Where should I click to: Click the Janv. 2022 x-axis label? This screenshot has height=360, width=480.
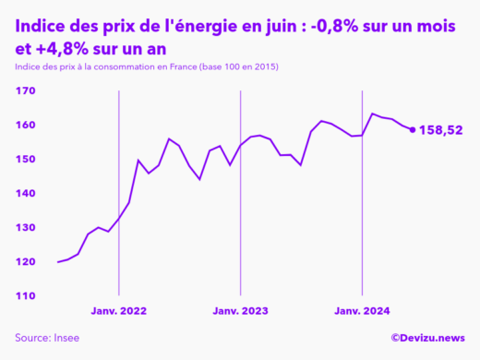coord(119,312)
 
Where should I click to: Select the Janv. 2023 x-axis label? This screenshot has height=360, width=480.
coord(240,312)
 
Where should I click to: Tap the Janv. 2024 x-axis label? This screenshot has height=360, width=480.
coord(362,312)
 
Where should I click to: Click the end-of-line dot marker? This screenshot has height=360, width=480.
coord(413,129)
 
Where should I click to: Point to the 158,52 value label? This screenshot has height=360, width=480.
coord(440,130)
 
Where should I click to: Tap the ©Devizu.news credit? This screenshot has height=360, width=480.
coord(428,339)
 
